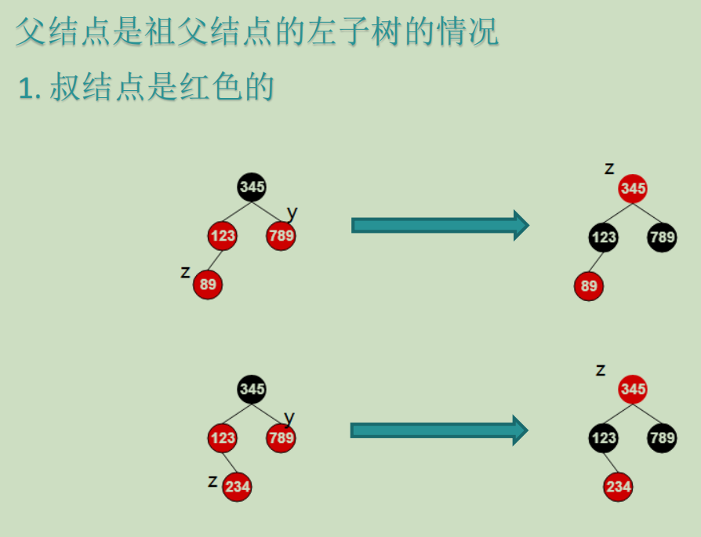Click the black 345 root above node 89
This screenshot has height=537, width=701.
point(252,187)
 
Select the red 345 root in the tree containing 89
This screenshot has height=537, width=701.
point(633,189)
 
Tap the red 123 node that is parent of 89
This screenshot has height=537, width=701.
point(222,236)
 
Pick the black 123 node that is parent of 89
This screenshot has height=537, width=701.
point(603,238)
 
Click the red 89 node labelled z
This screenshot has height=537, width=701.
point(208,285)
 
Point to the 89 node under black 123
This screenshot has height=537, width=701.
point(589,286)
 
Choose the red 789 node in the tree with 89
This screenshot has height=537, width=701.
point(281,236)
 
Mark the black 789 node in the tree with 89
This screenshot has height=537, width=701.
point(662,238)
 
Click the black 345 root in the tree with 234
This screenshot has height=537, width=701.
point(252,389)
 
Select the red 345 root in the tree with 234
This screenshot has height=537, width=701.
point(633,389)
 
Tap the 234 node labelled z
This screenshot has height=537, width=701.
point(237,487)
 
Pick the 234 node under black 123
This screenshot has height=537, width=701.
point(618,487)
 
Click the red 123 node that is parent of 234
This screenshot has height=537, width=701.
point(223,437)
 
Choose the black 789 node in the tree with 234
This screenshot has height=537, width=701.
point(662,437)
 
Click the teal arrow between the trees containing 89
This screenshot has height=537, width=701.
point(440,226)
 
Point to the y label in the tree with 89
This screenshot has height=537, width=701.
point(292,212)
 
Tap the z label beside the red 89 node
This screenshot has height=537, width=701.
point(185,272)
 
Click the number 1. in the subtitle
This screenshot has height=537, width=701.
point(29,89)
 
